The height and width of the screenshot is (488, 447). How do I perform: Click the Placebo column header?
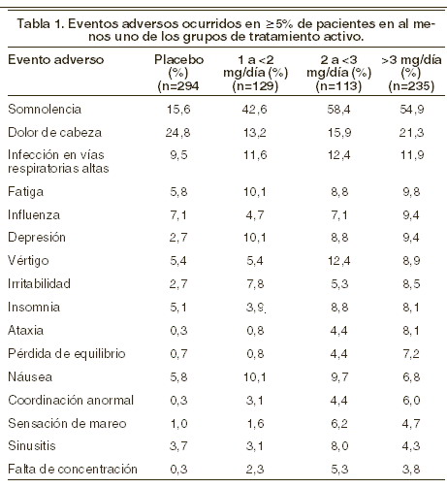178,73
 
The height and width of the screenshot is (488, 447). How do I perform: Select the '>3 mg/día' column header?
411,73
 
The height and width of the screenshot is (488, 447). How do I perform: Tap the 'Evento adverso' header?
55,60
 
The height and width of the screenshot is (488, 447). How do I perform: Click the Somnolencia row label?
45,110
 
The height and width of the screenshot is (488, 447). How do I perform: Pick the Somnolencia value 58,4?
338,110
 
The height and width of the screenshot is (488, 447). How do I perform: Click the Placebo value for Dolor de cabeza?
178,133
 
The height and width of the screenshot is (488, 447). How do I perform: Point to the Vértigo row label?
28,260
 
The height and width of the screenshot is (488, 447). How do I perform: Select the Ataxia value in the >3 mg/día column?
411,331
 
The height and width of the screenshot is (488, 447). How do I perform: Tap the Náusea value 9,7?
339,377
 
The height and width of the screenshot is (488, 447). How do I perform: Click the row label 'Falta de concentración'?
73,469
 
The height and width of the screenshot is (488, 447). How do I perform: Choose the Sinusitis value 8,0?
339,446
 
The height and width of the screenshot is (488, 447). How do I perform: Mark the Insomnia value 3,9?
255,308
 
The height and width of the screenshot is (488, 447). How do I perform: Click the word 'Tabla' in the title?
34,24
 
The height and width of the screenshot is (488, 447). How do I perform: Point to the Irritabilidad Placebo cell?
178,284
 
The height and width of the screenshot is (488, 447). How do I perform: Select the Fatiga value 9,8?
411,192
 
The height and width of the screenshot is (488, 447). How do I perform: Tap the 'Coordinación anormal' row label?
71,401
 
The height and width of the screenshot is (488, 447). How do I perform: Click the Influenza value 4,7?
255,215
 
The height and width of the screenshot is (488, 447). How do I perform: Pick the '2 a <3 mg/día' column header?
338,73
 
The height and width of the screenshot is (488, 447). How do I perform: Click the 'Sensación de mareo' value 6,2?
339,424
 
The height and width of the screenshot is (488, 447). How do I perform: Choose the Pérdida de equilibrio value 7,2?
411,354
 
